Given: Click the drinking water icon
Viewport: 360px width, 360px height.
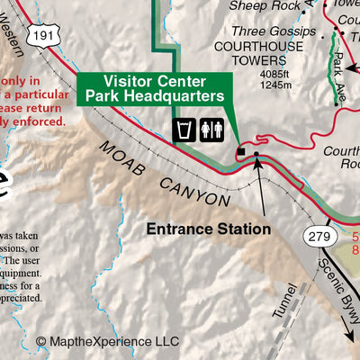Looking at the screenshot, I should point(184,130).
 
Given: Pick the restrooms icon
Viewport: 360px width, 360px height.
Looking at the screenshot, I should point(211,130).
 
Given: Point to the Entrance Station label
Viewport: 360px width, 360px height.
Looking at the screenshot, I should point(209,229).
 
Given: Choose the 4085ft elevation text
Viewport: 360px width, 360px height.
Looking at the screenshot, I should point(274,74).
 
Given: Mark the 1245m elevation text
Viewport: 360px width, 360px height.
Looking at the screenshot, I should point(274,85).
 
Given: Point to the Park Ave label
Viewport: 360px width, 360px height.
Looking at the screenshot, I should point(340,66).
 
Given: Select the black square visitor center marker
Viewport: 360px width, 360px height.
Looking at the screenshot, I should point(240,153).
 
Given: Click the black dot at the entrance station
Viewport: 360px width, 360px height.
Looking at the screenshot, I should point(256,155).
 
